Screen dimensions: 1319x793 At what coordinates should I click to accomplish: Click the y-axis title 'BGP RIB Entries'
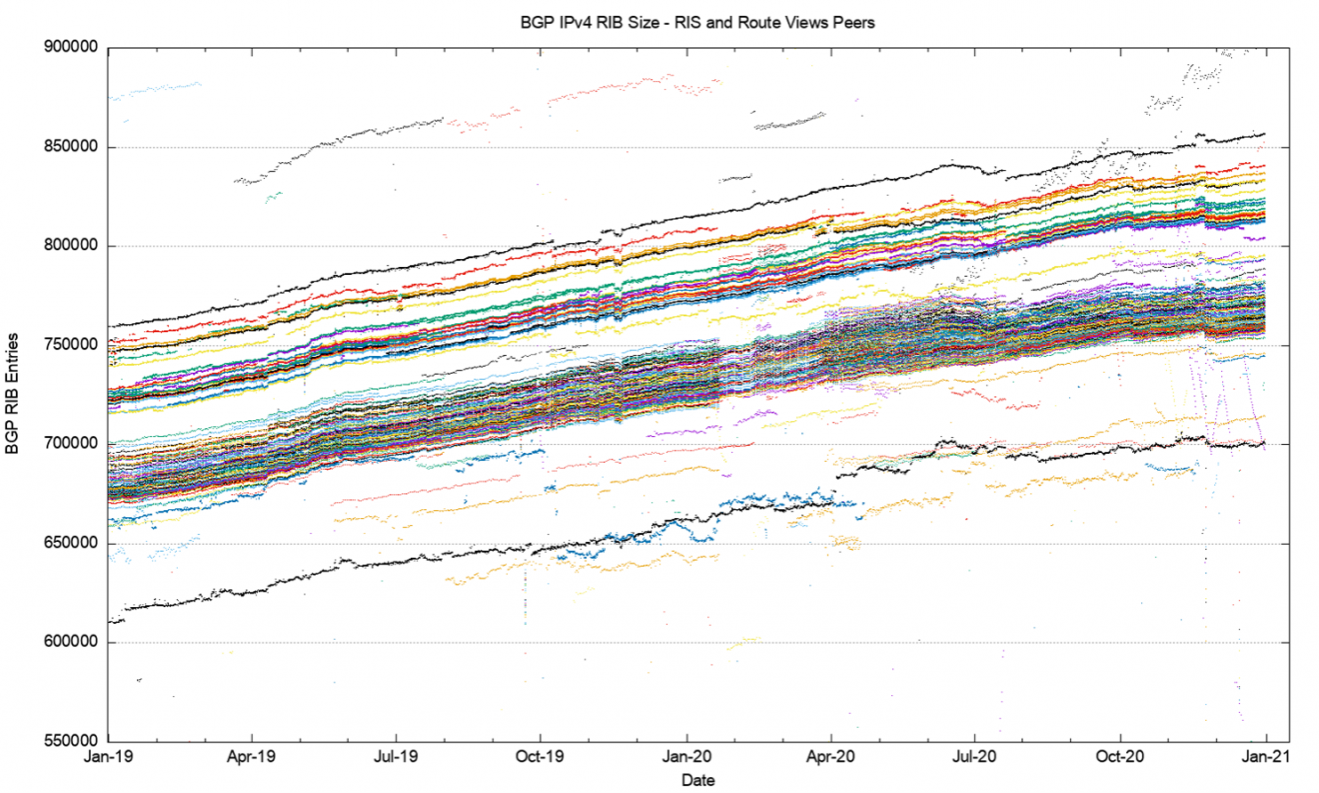[14, 394]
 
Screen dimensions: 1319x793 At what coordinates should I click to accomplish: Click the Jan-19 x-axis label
[108, 757]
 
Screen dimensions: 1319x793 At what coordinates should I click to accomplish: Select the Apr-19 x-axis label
[251, 757]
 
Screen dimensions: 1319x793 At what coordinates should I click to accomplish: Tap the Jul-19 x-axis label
[396, 757]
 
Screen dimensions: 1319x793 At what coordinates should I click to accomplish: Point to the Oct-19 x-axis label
[542, 757]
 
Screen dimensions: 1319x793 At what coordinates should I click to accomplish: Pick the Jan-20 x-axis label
[687, 757]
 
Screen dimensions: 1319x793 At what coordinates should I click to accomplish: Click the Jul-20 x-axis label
[975, 757]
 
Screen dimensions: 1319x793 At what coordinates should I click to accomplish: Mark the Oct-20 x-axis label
[1121, 757]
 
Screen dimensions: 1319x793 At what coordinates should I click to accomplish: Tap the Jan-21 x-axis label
[1266, 757]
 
